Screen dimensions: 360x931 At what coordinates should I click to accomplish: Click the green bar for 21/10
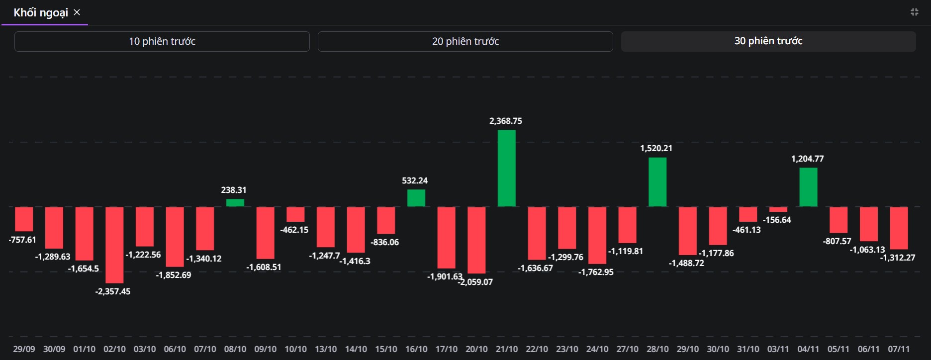(506, 168)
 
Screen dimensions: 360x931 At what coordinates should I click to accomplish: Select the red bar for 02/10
(114, 245)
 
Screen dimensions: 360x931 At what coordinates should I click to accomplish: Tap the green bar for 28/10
(657, 182)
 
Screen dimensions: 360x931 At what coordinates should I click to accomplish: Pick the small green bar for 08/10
(235, 203)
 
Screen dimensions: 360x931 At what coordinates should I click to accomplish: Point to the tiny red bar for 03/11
(778, 210)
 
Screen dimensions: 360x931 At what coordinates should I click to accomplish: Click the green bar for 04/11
(808, 187)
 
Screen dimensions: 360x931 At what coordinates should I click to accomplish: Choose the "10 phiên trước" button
(162, 41)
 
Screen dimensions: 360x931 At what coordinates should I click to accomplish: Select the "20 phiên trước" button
(465, 41)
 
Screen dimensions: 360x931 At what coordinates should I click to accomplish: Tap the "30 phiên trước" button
(768, 41)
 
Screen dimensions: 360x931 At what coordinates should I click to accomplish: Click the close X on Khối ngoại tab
(77, 12)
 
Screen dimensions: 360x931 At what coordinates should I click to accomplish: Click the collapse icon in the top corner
(914, 12)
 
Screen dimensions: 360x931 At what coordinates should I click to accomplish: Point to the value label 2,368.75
(505, 121)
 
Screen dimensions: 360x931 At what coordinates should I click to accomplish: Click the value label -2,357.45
(113, 291)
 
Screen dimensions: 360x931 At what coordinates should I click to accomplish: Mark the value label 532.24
(415, 180)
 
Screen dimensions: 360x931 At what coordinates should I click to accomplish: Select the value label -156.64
(777, 220)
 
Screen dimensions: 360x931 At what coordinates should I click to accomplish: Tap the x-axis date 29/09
(24, 349)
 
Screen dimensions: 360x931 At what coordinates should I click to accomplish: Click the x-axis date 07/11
(899, 349)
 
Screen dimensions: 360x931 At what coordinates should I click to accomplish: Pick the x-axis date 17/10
(446, 349)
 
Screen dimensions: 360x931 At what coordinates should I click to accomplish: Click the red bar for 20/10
(476, 240)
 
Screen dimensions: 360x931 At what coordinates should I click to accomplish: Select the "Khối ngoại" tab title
(41, 12)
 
